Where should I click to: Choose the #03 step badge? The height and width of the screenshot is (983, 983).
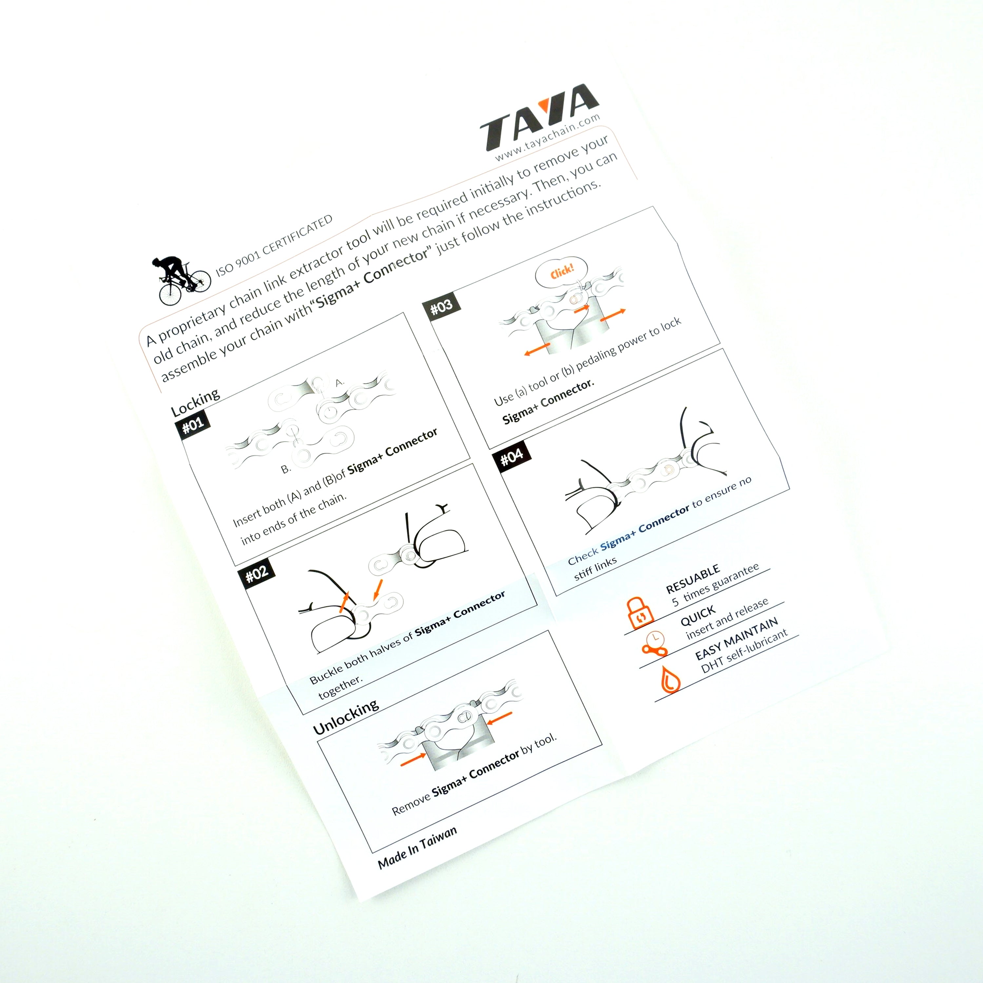441,306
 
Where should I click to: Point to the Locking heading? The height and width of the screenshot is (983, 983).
195,402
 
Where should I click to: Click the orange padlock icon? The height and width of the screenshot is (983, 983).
641,613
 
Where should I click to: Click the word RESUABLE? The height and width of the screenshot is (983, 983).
692,579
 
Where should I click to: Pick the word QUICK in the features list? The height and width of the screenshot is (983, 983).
698,616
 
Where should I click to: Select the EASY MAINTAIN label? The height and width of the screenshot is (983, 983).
736,638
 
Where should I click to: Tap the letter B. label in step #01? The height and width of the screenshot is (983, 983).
286,469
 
